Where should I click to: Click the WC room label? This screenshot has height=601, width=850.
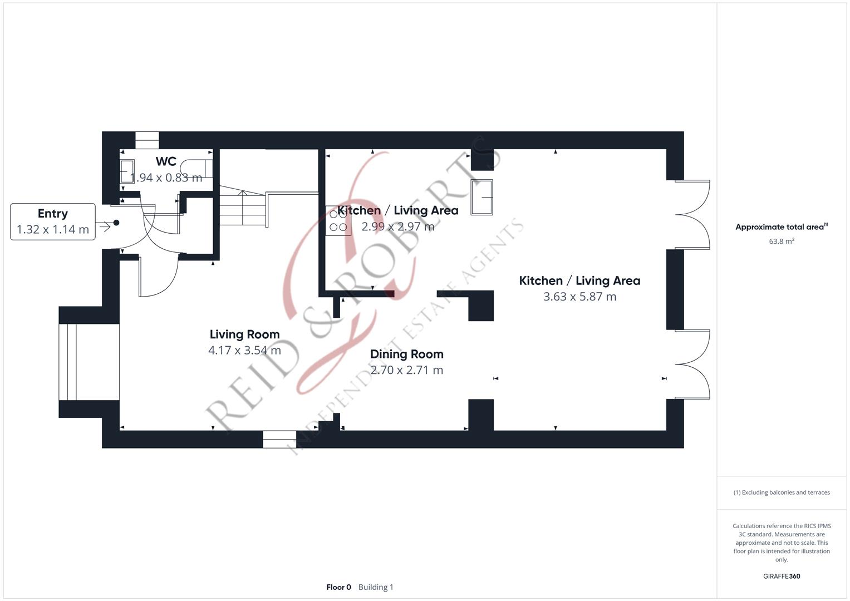pos(166,161)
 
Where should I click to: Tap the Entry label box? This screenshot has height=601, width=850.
pos(53,221)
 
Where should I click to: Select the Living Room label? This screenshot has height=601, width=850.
pos(244,334)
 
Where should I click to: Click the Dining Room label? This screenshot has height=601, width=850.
pos(406,354)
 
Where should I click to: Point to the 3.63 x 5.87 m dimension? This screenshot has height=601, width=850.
pos(579,297)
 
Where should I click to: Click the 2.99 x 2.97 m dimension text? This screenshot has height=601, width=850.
pos(397,226)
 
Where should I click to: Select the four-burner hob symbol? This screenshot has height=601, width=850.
pos(338,221)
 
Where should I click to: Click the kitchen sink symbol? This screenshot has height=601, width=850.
pos(481,197)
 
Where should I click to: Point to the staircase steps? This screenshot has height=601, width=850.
pos(242,209)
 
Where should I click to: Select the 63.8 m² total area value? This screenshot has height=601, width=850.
pos(782,242)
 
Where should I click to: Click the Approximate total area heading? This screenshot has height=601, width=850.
pos(781,227)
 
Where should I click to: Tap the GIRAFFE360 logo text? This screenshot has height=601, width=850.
pos(781,577)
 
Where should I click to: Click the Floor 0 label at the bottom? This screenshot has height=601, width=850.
pos(338,587)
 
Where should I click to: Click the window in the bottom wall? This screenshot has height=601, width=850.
pos(279,440)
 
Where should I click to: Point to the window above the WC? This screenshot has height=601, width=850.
pos(147,140)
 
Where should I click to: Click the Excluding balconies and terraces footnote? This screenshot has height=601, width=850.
pos(782,492)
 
